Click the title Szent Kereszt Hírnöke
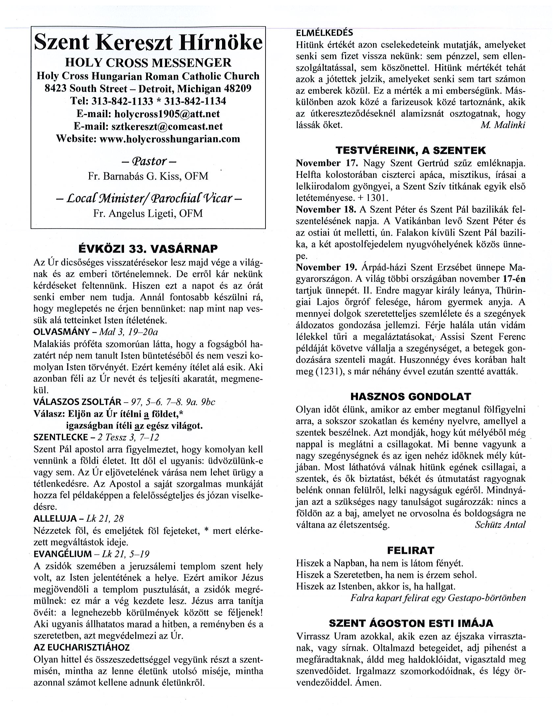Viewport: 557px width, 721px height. click(148, 43)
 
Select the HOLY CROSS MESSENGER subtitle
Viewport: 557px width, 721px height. click(148, 62)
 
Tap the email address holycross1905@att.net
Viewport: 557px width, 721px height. click(167, 113)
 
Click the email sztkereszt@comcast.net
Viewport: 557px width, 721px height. click(167, 126)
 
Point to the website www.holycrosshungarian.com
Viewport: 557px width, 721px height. click(170, 139)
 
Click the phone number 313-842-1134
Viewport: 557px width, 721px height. click(195, 101)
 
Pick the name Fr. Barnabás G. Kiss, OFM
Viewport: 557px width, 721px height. click(148, 176)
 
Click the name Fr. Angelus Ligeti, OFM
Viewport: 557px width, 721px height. click(148, 213)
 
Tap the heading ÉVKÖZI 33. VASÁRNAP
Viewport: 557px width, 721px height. click(148, 249)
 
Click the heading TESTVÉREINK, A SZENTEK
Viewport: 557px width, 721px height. click(411, 151)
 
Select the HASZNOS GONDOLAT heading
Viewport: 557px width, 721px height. click(411, 396)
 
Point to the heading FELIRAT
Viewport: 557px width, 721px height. click(411, 550)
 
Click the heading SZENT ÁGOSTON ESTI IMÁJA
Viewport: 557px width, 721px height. click(411, 623)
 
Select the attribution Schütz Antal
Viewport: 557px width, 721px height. click(500, 525)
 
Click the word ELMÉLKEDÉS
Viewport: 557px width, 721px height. click(324, 33)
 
